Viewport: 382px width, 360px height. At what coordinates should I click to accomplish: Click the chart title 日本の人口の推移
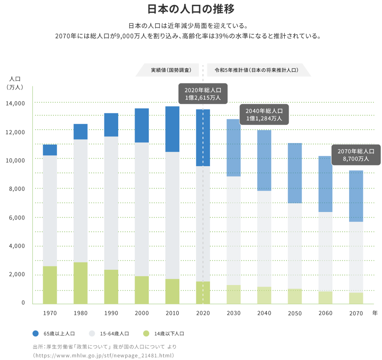click(x=191, y=9)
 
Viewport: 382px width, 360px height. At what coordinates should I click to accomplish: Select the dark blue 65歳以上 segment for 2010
click(x=172, y=129)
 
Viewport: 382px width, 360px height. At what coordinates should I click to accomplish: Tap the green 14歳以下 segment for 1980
click(x=80, y=283)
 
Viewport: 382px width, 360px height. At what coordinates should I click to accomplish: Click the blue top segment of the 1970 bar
click(x=50, y=150)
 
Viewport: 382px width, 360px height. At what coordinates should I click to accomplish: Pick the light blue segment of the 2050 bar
click(x=295, y=173)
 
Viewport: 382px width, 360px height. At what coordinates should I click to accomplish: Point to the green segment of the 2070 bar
click(x=356, y=298)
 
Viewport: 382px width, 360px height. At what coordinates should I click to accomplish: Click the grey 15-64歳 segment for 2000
click(x=142, y=209)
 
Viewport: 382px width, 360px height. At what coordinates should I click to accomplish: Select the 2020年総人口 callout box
click(x=203, y=94)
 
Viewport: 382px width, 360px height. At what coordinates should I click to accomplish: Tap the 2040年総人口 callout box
click(x=264, y=115)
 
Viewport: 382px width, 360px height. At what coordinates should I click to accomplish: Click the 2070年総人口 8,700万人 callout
click(x=356, y=155)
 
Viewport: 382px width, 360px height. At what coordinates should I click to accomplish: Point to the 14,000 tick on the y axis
click(x=15, y=103)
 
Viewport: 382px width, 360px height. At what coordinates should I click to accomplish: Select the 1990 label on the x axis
click(x=111, y=313)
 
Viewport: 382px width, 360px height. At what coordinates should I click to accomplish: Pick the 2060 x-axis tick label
click(x=325, y=313)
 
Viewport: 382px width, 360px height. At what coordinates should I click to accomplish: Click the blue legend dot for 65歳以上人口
click(x=36, y=333)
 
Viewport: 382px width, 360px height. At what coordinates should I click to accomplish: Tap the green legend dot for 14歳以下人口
click(x=146, y=333)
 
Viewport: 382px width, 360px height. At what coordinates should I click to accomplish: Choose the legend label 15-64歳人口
click(x=114, y=334)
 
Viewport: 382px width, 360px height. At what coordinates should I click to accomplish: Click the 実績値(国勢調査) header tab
click(x=171, y=70)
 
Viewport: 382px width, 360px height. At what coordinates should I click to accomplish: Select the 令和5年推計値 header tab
click(x=257, y=70)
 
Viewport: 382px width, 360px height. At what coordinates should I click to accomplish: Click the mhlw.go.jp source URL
click(x=103, y=355)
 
